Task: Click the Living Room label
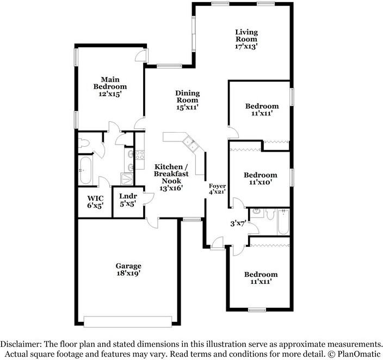(x=246, y=36)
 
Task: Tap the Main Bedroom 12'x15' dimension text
(x=110, y=94)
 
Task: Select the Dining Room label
(x=187, y=96)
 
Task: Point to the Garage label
(x=128, y=266)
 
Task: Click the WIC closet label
(x=96, y=198)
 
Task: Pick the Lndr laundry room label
(x=128, y=196)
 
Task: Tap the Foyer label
(x=217, y=186)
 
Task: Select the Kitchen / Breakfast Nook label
(x=171, y=173)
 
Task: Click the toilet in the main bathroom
(x=83, y=143)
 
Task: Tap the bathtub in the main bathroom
(x=85, y=170)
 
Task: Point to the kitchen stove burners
(x=140, y=155)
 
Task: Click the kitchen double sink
(x=191, y=144)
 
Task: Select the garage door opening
(x=128, y=321)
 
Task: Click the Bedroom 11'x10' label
(x=261, y=178)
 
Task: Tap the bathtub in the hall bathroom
(x=283, y=222)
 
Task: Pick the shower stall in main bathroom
(x=127, y=179)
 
